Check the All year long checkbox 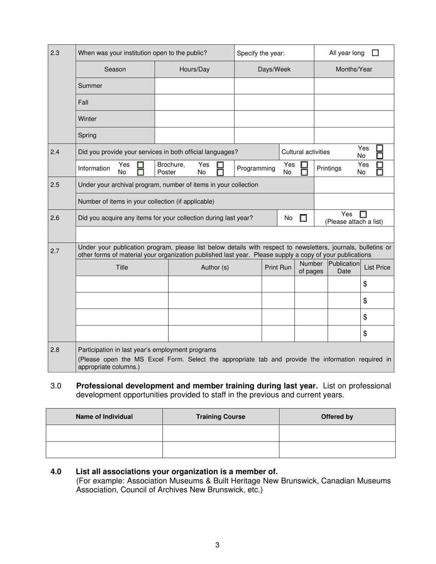point(375,53)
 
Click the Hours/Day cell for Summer point(194,86)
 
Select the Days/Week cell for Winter point(274,119)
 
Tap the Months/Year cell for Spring point(353,135)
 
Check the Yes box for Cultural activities point(380,148)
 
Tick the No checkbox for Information point(140,172)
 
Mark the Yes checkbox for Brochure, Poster point(220,165)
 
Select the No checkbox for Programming point(304,172)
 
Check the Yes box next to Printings point(380,165)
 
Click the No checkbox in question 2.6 point(303,218)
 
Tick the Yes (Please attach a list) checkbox point(363,214)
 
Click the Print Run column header point(278,267)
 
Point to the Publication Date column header point(344,267)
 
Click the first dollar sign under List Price point(365,284)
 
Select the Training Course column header point(220,417)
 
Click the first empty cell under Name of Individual point(104,433)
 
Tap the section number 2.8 point(55,350)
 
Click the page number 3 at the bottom point(217,545)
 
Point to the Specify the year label point(260,53)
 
